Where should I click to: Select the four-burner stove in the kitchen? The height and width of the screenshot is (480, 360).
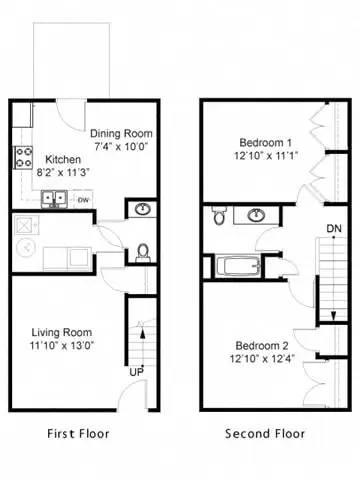(22, 156)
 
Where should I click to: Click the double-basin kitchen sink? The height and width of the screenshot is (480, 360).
(56, 198)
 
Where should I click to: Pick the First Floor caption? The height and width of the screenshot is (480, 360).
(79, 434)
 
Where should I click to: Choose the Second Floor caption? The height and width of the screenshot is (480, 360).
(264, 434)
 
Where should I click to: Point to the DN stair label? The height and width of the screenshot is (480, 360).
(333, 229)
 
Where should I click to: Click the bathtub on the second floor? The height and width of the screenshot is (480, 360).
(231, 267)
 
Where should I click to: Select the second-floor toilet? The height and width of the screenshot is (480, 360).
(218, 214)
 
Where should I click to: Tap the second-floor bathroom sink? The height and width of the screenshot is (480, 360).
(257, 214)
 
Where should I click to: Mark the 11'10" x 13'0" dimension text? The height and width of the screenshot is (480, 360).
(63, 347)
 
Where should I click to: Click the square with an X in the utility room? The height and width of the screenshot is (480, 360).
(24, 226)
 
